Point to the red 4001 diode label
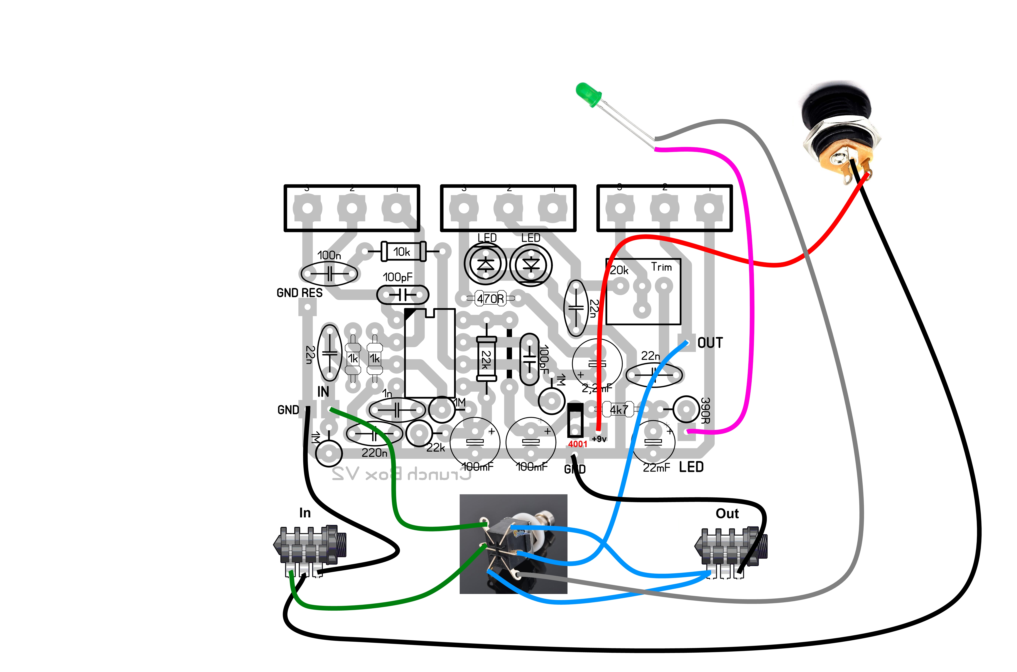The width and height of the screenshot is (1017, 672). point(577,444)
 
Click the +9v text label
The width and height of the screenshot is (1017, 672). point(599,439)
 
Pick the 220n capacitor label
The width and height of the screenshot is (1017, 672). point(374,452)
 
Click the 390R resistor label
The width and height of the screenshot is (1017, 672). point(705,411)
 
